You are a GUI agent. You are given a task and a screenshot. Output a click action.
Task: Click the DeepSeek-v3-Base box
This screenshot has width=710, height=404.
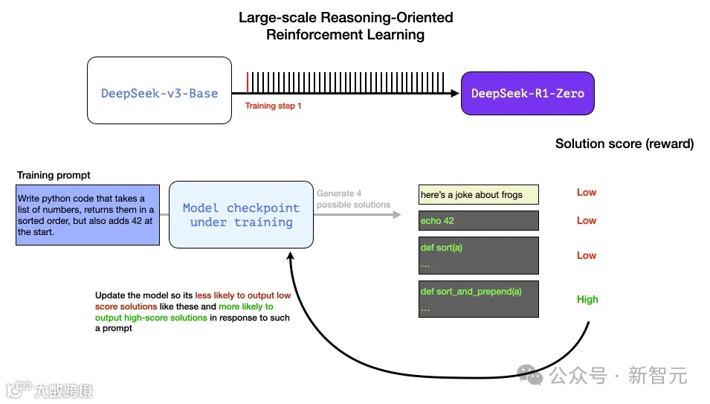[159, 91]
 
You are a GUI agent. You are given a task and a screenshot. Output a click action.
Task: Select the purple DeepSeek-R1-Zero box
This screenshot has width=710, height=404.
[528, 93]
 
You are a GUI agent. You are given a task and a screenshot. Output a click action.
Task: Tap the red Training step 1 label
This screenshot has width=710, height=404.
[273, 106]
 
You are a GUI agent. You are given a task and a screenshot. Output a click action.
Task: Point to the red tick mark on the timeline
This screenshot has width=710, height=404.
[248, 83]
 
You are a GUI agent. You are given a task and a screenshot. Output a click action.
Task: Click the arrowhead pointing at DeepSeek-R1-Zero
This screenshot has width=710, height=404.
[455, 93]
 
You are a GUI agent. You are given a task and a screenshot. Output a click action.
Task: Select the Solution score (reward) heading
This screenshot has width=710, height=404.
[625, 144]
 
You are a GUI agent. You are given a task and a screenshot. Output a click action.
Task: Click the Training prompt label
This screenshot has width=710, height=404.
[54, 176]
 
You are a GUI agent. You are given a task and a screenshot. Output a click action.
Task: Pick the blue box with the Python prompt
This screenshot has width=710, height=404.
[88, 215]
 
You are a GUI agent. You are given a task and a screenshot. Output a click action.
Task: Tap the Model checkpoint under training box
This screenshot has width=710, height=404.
[241, 215]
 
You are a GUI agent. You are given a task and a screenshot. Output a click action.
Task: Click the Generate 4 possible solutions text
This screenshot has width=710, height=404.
[353, 199]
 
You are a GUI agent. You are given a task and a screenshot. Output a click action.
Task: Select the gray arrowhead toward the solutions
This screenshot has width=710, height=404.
[397, 214]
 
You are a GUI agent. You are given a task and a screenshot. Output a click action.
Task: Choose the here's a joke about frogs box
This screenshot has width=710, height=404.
[479, 195]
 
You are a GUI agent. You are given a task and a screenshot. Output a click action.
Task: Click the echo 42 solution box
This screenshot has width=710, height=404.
[479, 220]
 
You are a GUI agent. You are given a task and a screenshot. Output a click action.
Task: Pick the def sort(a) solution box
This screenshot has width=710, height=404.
[479, 255]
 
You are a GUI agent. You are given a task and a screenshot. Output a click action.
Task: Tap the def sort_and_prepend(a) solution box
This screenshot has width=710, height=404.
[479, 299]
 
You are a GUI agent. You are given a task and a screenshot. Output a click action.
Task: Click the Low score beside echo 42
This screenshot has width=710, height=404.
[587, 220]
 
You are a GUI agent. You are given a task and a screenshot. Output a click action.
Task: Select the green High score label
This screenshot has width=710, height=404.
[587, 299]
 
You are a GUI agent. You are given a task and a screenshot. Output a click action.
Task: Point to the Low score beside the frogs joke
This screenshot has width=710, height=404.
[587, 193]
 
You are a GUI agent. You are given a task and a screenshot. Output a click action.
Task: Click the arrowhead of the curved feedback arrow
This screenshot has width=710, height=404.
[290, 256]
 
